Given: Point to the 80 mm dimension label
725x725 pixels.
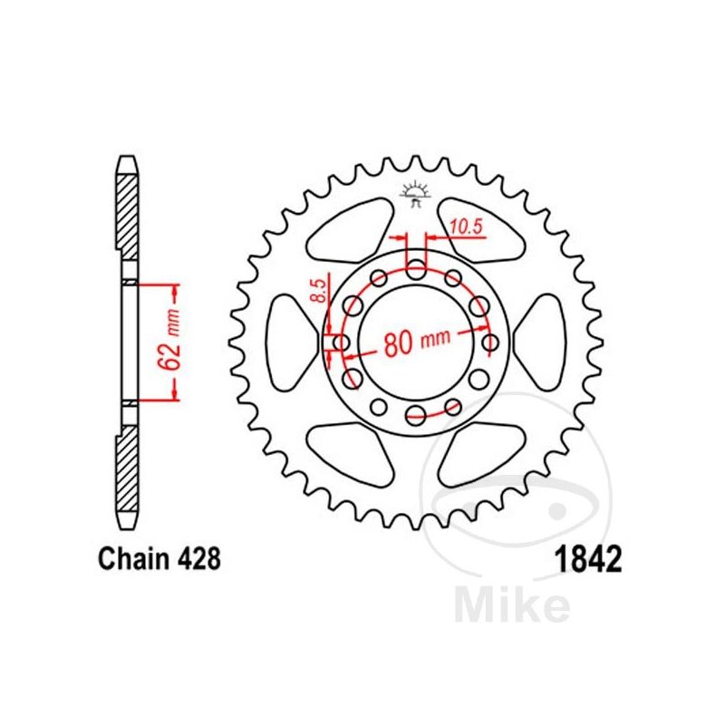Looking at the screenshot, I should pyautogui.click(x=417, y=342).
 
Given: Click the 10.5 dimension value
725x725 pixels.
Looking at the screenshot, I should pyautogui.click(x=464, y=227).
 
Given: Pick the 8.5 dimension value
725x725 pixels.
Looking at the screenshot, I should pyautogui.click(x=317, y=291).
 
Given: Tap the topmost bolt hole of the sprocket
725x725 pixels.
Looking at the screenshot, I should pyautogui.click(x=416, y=268).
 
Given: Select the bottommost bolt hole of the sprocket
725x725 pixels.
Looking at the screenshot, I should pyautogui.click(x=416, y=416).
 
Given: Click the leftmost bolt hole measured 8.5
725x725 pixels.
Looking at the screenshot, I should pyautogui.click(x=342, y=343).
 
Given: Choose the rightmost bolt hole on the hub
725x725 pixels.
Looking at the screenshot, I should pyautogui.click(x=490, y=343).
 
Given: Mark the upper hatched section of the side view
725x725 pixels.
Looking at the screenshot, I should pyautogui.click(x=130, y=208).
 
